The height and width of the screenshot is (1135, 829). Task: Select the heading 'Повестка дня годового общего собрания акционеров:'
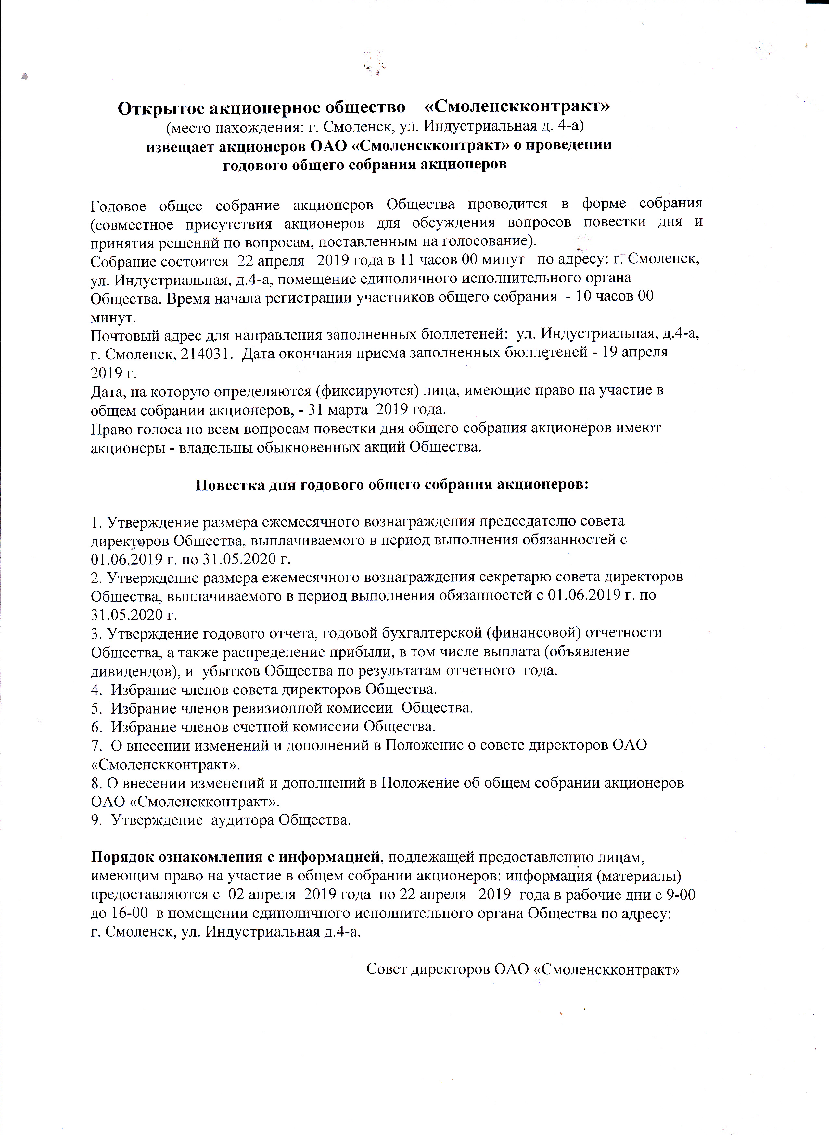tap(391, 485)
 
